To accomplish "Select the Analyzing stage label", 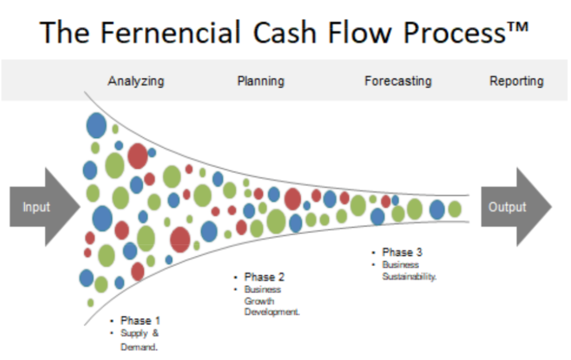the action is click(136, 81).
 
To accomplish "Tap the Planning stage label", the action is click(261, 81).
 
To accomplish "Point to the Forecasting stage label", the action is click(398, 81).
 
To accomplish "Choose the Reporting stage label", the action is click(517, 81).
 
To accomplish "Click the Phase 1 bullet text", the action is click(140, 321).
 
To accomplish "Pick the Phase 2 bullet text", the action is click(265, 277).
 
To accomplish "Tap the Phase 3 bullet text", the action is click(402, 252).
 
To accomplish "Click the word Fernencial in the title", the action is click(171, 32).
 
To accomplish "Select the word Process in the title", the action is click(454, 33).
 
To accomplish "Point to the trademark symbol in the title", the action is click(517, 28).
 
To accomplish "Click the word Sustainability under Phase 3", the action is click(410, 277).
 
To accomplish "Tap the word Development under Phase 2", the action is click(272, 312).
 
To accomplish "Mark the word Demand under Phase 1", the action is click(139, 347).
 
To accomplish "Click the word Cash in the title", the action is click(284, 33).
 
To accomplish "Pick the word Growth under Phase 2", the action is click(259, 301).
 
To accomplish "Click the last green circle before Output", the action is click(455, 209).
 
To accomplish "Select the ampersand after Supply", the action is click(155, 333).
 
